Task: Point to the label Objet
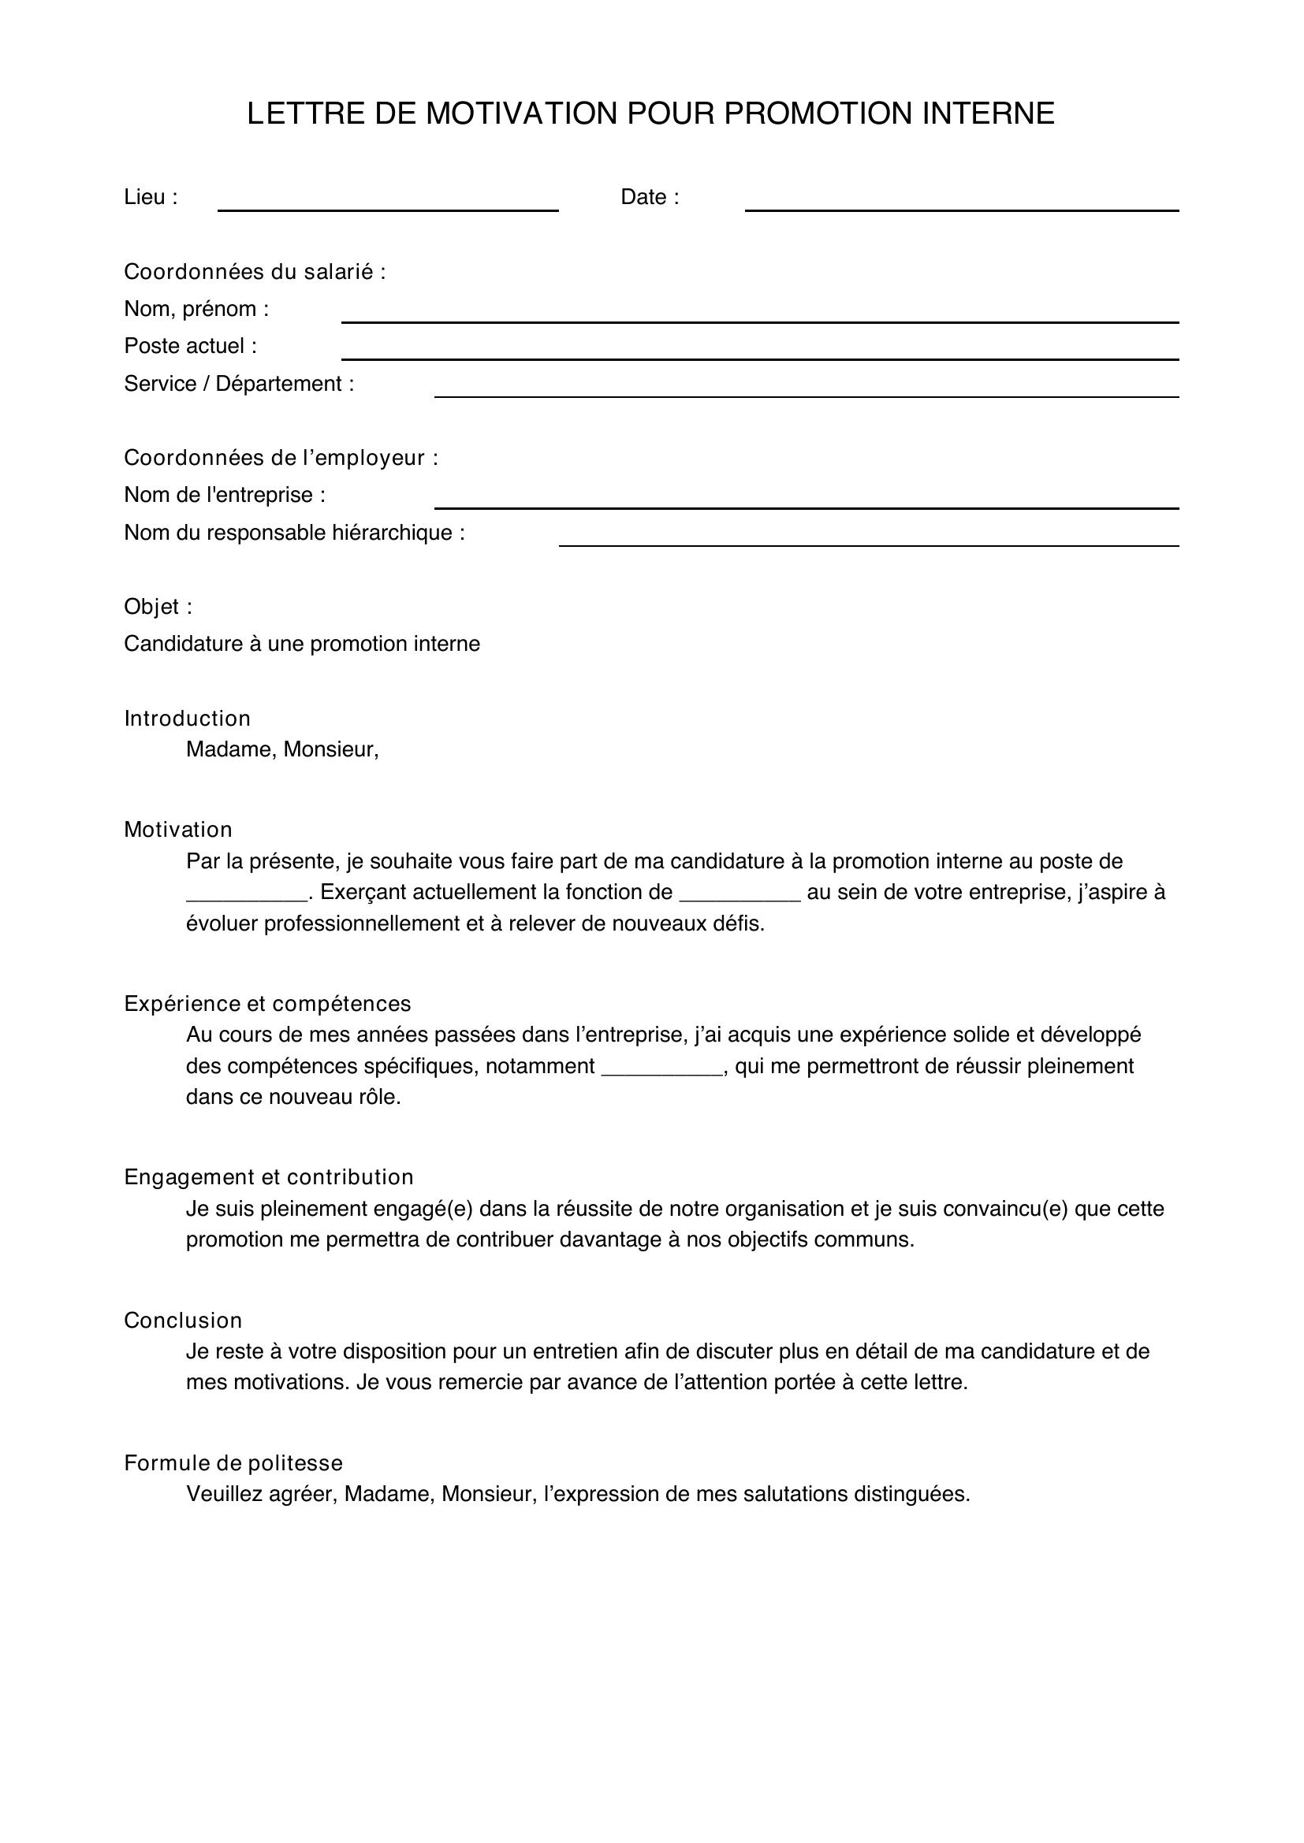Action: (158, 607)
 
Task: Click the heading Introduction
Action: (187, 719)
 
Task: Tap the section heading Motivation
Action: (177, 830)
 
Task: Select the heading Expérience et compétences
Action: (266, 1004)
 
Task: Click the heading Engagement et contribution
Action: (268, 1177)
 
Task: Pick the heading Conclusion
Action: (182, 1321)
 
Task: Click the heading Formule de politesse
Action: (233, 1463)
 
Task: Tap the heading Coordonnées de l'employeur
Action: (280, 459)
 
